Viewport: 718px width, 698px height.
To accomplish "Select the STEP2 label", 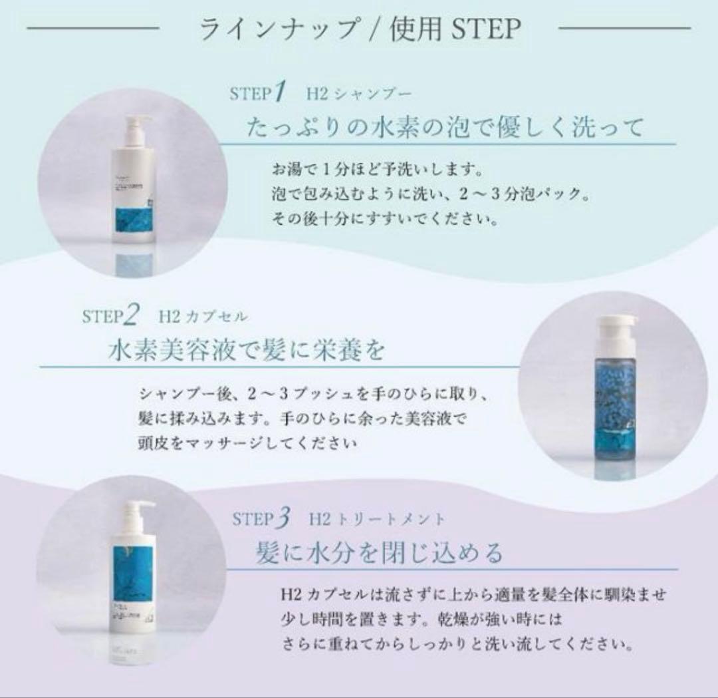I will coord(110,315).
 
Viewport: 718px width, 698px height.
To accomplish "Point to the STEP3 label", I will coord(262,518).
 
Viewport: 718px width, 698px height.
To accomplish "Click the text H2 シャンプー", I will coord(359,93).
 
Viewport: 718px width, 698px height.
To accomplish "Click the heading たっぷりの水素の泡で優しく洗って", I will coord(445,126).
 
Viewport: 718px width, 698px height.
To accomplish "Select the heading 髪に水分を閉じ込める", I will coord(380,553).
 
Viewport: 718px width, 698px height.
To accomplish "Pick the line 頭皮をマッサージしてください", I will coord(249,442).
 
